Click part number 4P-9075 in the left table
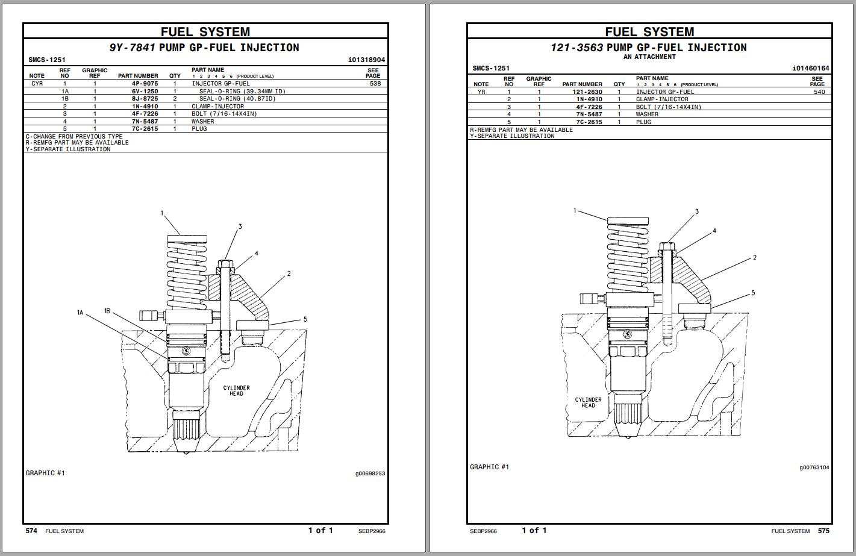pyautogui.click(x=145, y=84)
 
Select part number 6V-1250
pyautogui.click(x=145, y=92)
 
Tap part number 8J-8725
pyautogui.click(x=145, y=99)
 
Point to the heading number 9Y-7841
pyautogui.click(x=132, y=48)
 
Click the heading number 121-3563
pyautogui.click(x=576, y=48)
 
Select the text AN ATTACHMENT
pyautogui.click(x=649, y=57)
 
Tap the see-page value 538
pyautogui.click(x=375, y=84)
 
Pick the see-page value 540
pyautogui.click(x=819, y=92)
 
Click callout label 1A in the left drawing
pyautogui.click(x=80, y=313)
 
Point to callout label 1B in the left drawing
pyautogui.click(x=107, y=311)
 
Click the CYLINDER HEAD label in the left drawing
pyautogui.click(x=236, y=391)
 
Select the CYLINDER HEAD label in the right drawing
pyautogui.click(x=588, y=402)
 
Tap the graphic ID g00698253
pyautogui.click(x=370, y=473)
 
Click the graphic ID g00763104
pyautogui.click(x=814, y=467)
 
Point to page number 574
pyautogui.click(x=31, y=531)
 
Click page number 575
pyautogui.click(x=823, y=531)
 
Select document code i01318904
pyautogui.click(x=366, y=60)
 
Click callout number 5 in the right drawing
pyautogui.click(x=752, y=293)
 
